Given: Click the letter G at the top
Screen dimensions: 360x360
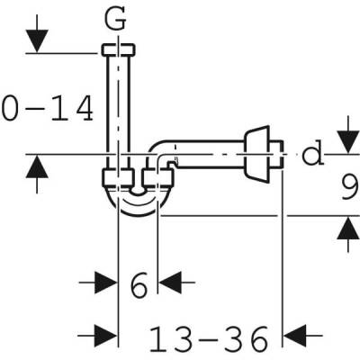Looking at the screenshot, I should pos(119,16).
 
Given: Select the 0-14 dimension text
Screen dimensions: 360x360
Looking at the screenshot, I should pos(47,109).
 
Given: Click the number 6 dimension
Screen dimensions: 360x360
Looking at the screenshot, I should pos(138,286).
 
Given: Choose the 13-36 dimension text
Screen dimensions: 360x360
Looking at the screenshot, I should pos(208,339).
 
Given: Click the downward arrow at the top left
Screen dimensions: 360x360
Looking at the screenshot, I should pos(35,39).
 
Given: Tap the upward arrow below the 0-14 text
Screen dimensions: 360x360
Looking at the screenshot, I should pos(35,172).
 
